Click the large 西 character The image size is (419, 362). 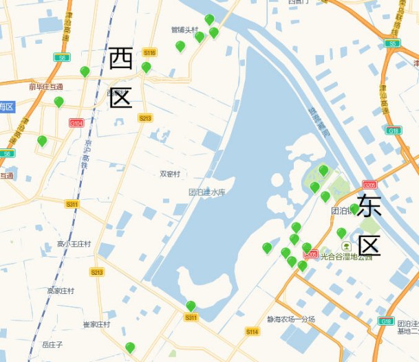pyautogui.click(x=120, y=59)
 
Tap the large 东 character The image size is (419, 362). pyautogui.click(x=369, y=205)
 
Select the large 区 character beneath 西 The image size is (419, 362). pyautogui.click(x=120, y=98)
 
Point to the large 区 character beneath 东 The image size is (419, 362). pyautogui.click(x=369, y=245)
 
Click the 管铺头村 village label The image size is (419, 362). pyautogui.click(x=184, y=30)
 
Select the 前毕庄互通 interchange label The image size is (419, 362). pyautogui.click(x=45, y=87)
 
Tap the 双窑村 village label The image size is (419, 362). pyautogui.click(x=170, y=174)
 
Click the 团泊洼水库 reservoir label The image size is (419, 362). pyautogui.click(x=207, y=192)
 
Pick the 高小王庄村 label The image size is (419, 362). pyautogui.click(x=74, y=244)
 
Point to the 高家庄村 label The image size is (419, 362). pyautogui.click(x=61, y=291)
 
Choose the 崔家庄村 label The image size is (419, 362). pyautogui.click(x=96, y=324)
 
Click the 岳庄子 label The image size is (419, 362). pyautogui.click(x=52, y=344)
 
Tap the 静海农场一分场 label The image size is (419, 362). pyautogui.click(x=291, y=319)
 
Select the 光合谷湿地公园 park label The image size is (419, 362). pyautogui.click(x=346, y=257)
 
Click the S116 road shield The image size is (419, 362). pyautogui.click(x=149, y=52)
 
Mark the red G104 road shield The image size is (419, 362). pyautogui.click(x=76, y=123)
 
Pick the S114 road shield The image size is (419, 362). pyautogui.click(x=253, y=332)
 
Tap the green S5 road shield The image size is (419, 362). pyautogui.click(x=392, y=43)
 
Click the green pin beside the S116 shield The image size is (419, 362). pyautogui.click(x=146, y=67)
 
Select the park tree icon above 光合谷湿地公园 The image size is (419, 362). pyautogui.click(x=346, y=246)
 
